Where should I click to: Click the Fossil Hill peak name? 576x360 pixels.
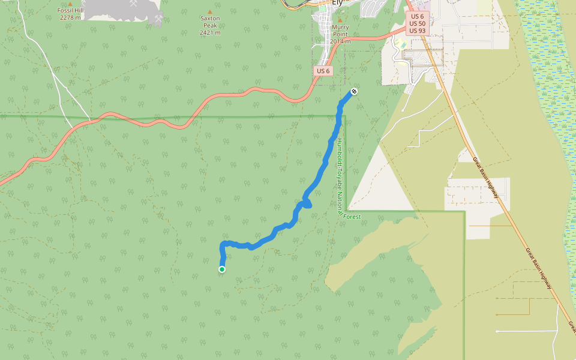[x=71, y=11]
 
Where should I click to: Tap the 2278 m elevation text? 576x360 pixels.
[x=71, y=17]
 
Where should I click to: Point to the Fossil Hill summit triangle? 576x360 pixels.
[x=70, y=4]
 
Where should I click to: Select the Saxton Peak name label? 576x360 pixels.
[x=210, y=19]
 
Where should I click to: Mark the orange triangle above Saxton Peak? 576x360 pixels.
[x=209, y=11]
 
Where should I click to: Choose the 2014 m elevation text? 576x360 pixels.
[x=340, y=41]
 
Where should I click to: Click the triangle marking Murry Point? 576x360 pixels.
[x=340, y=20]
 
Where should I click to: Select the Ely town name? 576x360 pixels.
[x=337, y=2]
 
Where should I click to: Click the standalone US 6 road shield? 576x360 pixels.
[x=323, y=71]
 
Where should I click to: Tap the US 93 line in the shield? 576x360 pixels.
[x=418, y=31]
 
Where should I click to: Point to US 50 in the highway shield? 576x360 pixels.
[x=418, y=23]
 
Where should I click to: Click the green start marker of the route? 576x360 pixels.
[x=222, y=269]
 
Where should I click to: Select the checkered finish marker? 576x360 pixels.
[x=354, y=91]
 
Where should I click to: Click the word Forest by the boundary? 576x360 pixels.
[x=352, y=217]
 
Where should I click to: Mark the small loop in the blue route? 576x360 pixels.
[x=307, y=204]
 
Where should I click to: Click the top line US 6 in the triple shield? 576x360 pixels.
[x=418, y=16]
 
